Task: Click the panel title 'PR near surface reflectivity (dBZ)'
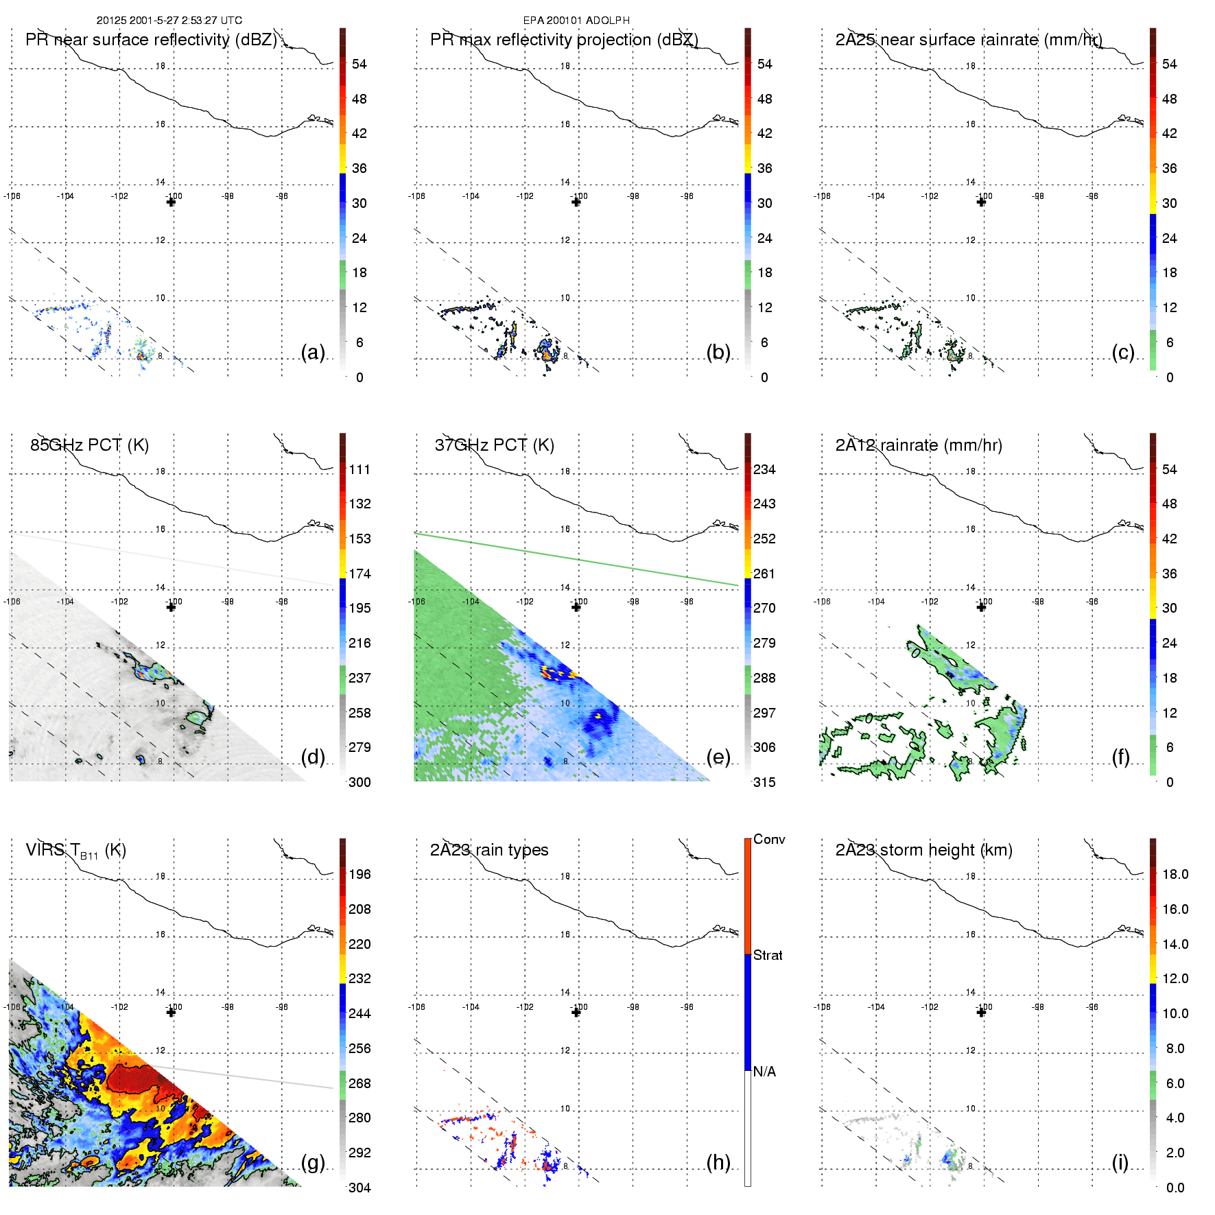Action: click(x=151, y=40)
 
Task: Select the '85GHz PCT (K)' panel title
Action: click(x=89, y=445)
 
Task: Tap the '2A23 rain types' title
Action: click(x=488, y=850)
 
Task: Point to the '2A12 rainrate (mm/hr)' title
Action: click(x=918, y=445)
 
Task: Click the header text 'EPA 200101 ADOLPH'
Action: click(x=576, y=21)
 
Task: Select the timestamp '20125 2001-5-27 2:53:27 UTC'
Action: click(x=169, y=21)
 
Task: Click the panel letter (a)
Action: click(x=313, y=353)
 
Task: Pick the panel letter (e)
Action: click(x=718, y=757)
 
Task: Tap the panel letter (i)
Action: click(x=1120, y=1162)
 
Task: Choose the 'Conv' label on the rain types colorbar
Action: click(x=768, y=840)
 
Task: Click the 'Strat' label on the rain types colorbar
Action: click(x=767, y=956)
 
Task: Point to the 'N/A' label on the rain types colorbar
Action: click(x=764, y=1072)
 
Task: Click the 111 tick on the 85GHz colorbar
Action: click(x=359, y=470)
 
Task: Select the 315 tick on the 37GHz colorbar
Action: click(x=764, y=783)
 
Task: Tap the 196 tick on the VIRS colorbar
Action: click(x=359, y=875)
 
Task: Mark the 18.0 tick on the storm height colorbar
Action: click(x=1175, y=875)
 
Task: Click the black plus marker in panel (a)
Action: click(x=171, y=202)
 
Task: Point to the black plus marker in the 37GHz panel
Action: click(x=576, y=607)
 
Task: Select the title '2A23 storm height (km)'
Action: click(x=923, y=850)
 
